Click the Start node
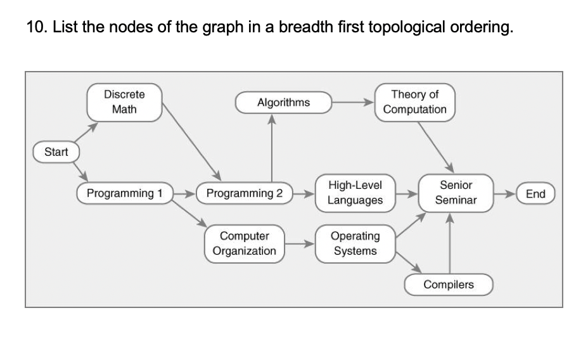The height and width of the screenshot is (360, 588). click(56, 152)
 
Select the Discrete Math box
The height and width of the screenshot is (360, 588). click(124, 102)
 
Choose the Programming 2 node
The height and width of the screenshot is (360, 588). click(245, 193)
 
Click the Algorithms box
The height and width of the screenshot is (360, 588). click(283, 102)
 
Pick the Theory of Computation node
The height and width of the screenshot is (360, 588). click(414, 102)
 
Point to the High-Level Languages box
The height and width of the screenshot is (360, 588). click(355, 193)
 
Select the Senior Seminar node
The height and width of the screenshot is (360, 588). click(456, 193)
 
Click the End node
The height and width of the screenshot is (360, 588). click(535, 193)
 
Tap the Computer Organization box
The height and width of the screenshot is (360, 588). click(245, 243)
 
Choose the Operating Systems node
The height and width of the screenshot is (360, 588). click(355, 243)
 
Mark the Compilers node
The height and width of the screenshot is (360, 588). click(449, 285)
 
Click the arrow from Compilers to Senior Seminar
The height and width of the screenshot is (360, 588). click(449, 244)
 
